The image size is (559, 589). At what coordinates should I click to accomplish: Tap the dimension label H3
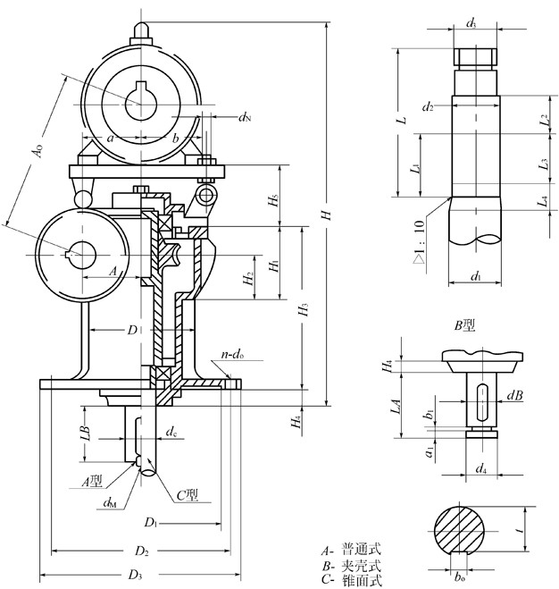point(305,310)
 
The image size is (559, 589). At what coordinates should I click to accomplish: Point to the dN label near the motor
point(245,116)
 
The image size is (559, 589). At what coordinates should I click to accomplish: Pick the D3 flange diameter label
point(137,573)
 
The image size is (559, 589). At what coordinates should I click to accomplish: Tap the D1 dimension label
point(152,520)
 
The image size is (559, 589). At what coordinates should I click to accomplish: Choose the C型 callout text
point(188,494)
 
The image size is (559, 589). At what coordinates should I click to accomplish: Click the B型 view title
point(464,326)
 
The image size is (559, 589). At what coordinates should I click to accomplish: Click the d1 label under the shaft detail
point(475,276)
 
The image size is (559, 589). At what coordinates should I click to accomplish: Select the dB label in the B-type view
point(515,392)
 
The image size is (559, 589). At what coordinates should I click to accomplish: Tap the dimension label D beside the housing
point(132,330)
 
